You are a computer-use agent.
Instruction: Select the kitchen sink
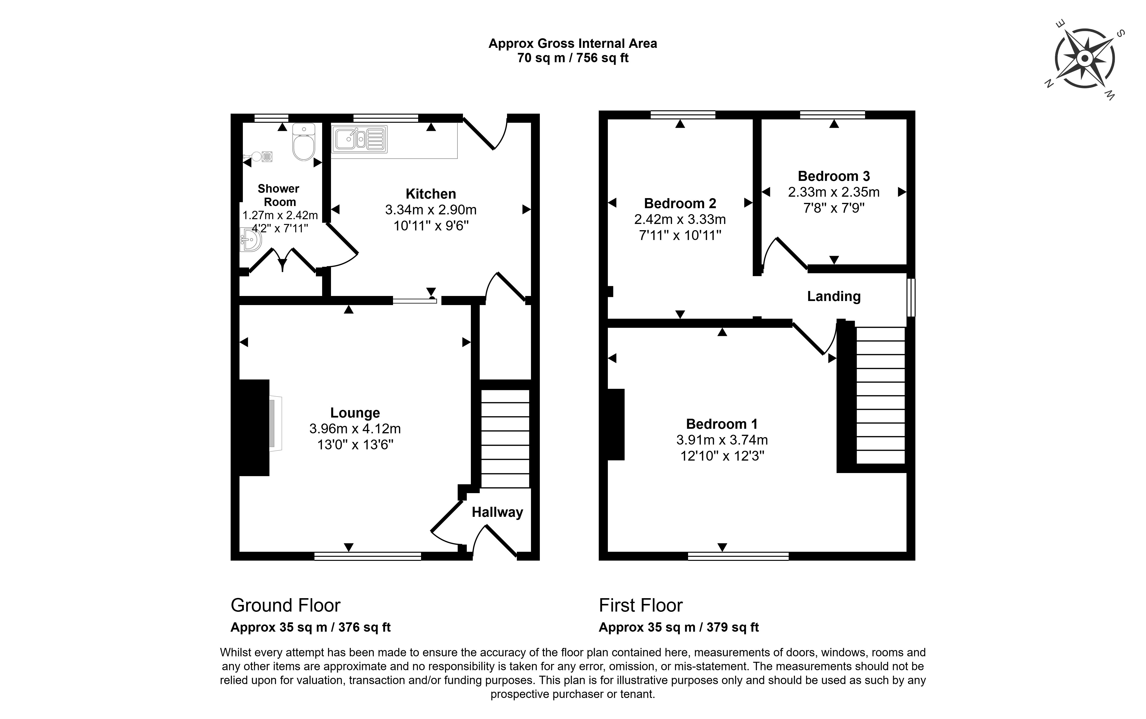[x=359, y=139]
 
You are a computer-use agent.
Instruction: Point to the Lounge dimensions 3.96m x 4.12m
[x=355, y=429]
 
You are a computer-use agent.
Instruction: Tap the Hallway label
[x=497, y=512]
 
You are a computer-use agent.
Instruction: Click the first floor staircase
[x=880, y=395]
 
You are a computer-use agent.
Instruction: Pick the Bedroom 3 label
[x=834, y=176]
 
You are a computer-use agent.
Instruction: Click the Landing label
[x=834, y=296]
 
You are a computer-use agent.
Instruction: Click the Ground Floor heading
[x=285, y=605]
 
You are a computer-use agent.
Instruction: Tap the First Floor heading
[x=641, y=605]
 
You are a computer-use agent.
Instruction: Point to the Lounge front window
[x=368, y=556]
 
